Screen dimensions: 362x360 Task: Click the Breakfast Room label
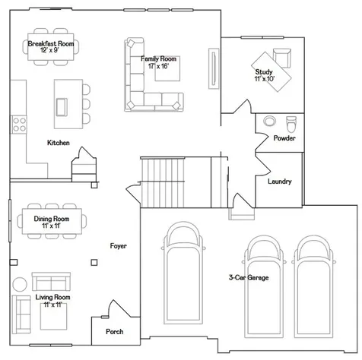tap(51, 43)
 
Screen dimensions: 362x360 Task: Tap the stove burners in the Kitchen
tap(19, 125)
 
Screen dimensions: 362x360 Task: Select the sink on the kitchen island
tap(62, 107)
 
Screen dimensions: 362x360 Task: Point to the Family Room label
tap(158, 58)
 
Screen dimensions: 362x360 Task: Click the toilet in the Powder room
tap(291, 124)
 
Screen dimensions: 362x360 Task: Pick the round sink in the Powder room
tap(269, 121)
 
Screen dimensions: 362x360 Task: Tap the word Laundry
tap(280, 182)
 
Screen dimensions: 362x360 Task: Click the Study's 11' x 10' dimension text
tap(265, 79)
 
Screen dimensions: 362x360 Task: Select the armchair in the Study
tap(282, 58)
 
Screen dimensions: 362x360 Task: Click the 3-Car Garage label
tap(249, 277)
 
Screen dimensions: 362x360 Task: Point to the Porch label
tap(115, 331)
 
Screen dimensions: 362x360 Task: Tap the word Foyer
tap(119, 246)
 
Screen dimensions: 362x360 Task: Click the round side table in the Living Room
tap(20, 284)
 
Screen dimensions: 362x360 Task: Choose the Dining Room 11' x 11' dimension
tap(51, 226)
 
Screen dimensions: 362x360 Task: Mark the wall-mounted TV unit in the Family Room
tap(214, 68)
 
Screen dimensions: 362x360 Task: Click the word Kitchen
tap(59, 143)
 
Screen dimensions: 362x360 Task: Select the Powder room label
tap(284, 138)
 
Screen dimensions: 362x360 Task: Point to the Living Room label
tap(52, 297)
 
